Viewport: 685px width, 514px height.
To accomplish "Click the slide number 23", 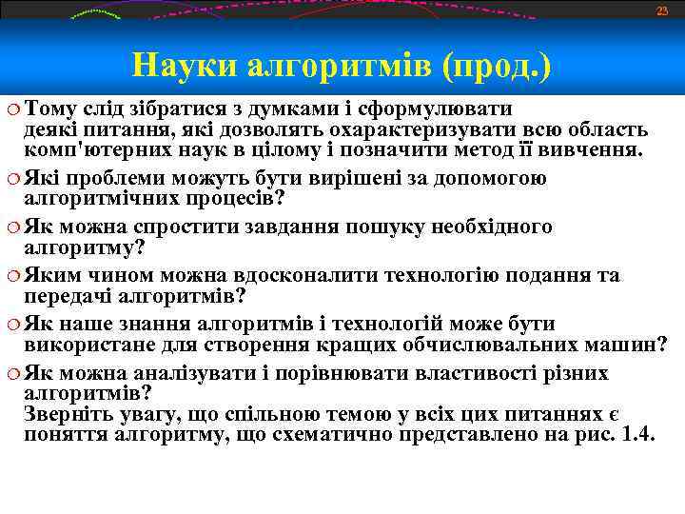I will click(662, 10).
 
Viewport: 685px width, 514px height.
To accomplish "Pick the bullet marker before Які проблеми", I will click(12, 177).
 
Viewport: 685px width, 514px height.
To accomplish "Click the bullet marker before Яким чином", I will click(12, 276).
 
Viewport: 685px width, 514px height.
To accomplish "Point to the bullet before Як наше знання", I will click(12, 325).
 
